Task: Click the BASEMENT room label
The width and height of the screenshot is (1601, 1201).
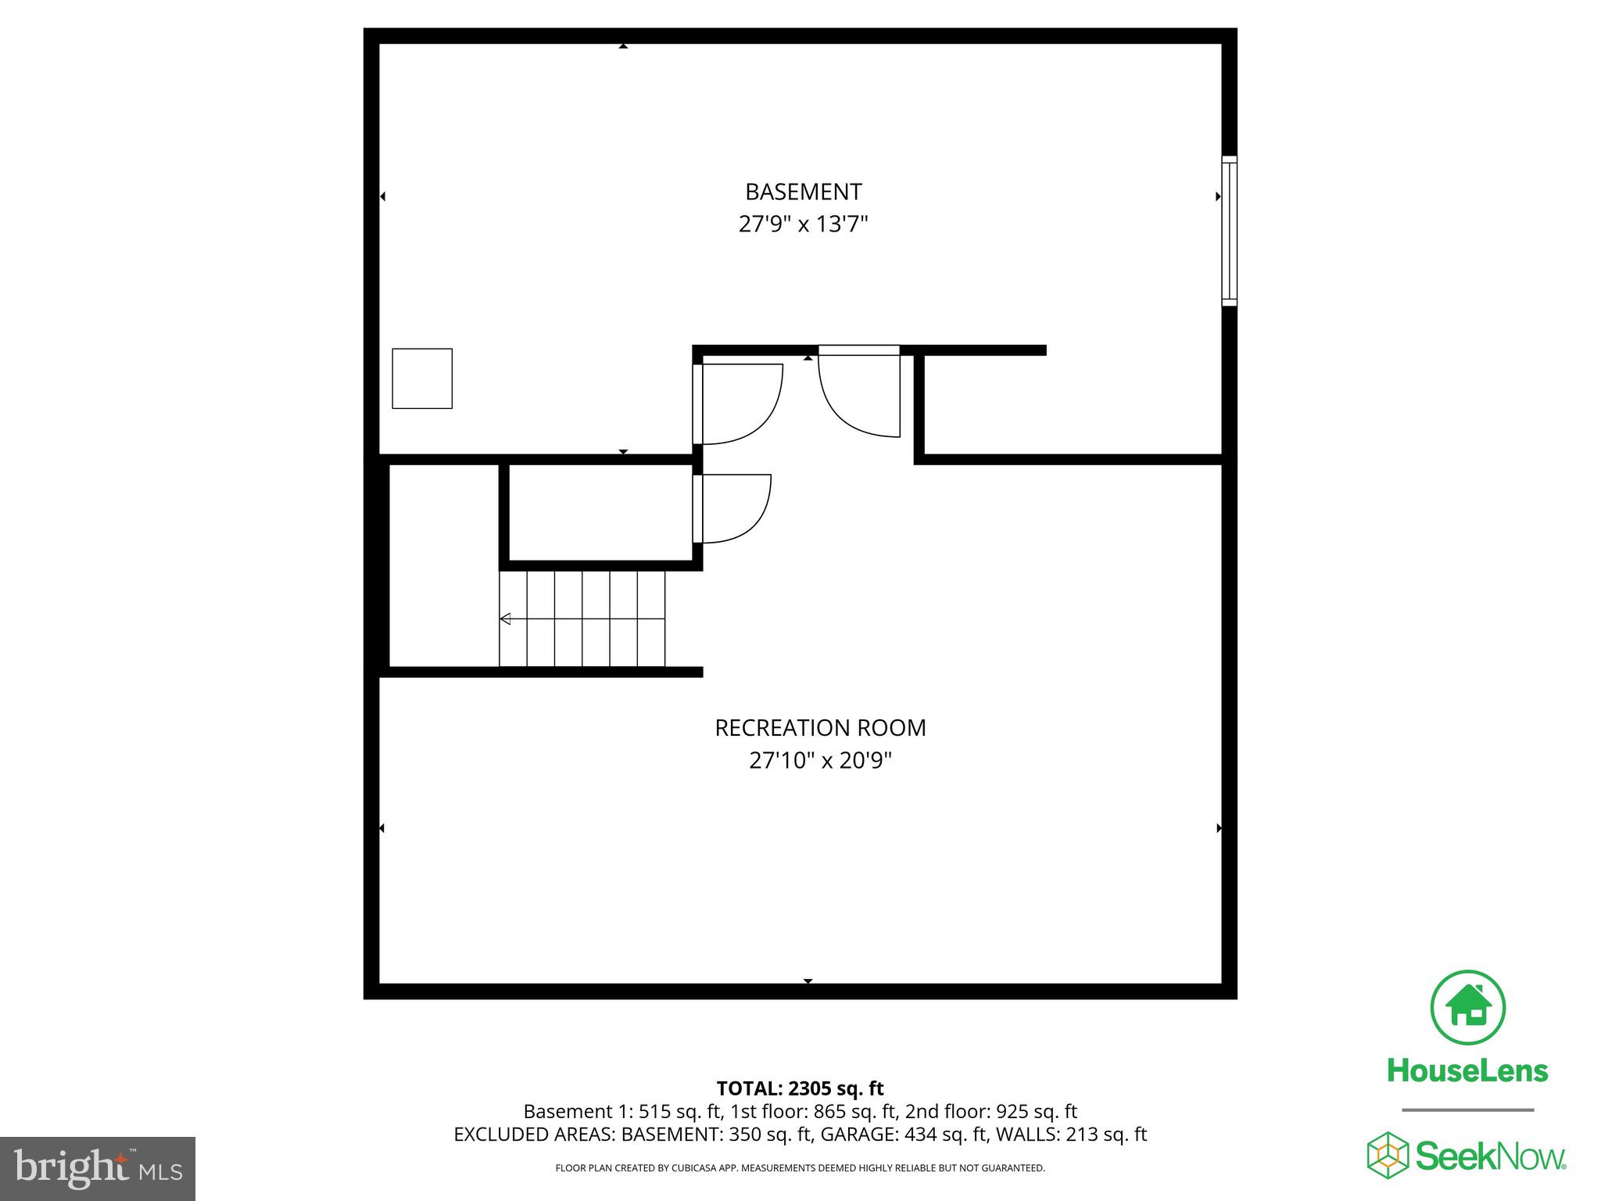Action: coord(803,192)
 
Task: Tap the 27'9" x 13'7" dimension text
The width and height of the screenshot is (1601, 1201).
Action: coord(803,225)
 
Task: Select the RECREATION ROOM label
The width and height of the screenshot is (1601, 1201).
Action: coord(820,728)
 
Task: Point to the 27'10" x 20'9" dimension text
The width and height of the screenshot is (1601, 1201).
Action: coord(820,761)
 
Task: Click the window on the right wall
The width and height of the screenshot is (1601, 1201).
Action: coord(1229,230)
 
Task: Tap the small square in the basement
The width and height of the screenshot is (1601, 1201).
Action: coord(422,378)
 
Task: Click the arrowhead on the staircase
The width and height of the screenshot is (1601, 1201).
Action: coord(505,619)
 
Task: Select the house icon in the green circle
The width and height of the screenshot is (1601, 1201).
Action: coord(1467,1008)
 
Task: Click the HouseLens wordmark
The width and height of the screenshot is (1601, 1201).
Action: coord(1467,1070)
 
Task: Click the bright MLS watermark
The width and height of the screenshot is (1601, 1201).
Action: coord(98,1169)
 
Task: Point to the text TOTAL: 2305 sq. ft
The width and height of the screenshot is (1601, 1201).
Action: coord(800,1088)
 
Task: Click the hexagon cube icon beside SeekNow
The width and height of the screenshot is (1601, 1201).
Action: coord(1387,1156)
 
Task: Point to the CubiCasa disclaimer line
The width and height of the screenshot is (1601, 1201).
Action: coord(800,1168)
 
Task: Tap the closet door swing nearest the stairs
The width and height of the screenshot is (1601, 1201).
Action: coord(733,508)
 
